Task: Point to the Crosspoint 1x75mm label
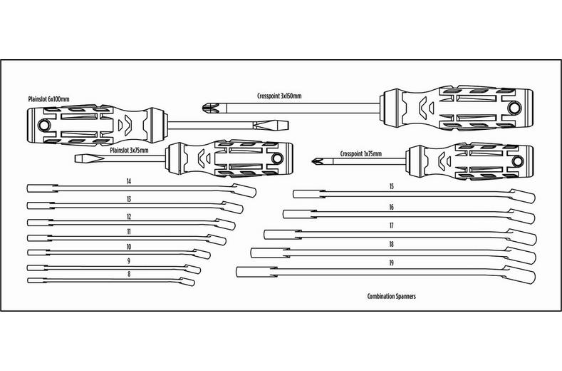(361, 153)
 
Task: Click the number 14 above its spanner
(129, 181)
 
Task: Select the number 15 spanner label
(392, 186)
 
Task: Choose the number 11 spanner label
(128, 231)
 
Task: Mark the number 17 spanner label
(392, 225)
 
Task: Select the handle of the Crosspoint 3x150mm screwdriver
(456, 109)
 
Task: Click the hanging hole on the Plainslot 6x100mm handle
(43, 125)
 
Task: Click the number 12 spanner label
(128, 215)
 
